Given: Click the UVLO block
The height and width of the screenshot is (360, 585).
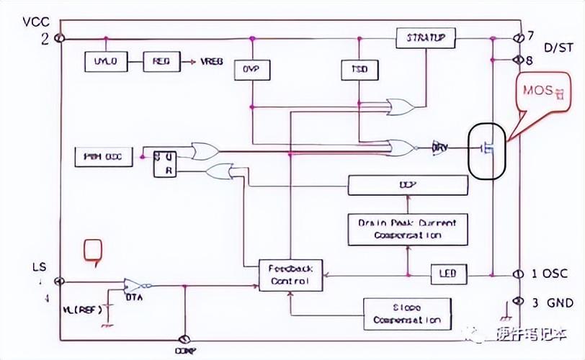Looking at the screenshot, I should coord(105,61).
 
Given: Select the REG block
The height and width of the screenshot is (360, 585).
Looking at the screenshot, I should coord(161,61).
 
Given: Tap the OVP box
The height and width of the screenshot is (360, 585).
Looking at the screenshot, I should coord(251,69).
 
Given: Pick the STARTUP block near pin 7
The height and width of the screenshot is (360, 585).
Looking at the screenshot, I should coord(426,37).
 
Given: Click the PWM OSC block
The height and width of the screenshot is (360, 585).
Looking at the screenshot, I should coord(104,156).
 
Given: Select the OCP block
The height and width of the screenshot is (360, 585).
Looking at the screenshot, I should coord(407,185).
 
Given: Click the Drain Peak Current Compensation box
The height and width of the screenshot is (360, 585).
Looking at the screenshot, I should coord(407,229).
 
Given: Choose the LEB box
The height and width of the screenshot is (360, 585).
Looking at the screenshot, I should coord(448,274).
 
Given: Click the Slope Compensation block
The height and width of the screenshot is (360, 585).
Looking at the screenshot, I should coord(407,313).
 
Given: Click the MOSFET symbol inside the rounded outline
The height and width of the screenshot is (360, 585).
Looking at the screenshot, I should coord(488,149).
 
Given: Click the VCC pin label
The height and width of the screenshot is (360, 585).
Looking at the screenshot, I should coord(35,22).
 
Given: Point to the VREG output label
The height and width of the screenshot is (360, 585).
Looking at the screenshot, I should coord(212,62).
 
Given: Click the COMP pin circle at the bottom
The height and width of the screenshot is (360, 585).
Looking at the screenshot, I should coord(185,340).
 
